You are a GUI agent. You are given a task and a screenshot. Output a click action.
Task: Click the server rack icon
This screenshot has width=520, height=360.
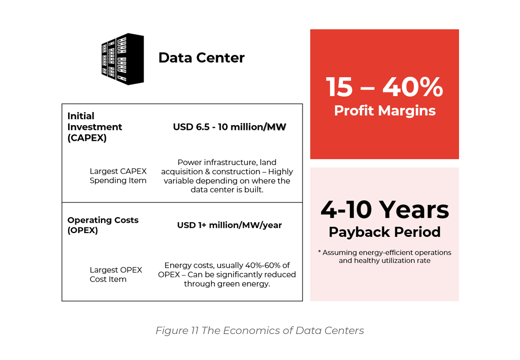pos(123,59)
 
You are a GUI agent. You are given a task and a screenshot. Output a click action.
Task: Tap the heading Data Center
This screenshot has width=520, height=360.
pos(201,58)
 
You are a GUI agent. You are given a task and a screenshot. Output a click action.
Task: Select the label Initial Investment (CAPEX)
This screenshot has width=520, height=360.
pos(94,127)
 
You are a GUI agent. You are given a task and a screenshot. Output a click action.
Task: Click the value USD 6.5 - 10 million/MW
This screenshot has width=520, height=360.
pos(229,127)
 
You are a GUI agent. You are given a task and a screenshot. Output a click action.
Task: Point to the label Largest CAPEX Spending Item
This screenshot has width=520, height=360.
pos(118,176)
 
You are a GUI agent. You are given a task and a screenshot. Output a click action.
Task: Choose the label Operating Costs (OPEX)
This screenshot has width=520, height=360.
pos(103,225)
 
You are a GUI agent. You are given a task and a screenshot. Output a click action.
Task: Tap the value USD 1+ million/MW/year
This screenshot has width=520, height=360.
pos(229,225)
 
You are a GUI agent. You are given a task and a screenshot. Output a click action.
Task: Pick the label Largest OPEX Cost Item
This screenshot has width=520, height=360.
pos(116,274)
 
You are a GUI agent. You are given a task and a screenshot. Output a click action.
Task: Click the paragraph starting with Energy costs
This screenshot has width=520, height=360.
pos(227,274)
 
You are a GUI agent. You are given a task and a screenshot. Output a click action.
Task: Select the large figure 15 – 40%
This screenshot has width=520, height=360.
pos(384,87)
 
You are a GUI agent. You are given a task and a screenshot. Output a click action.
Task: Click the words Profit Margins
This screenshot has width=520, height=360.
pos(384,110)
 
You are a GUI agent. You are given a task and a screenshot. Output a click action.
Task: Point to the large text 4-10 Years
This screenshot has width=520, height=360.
pos(384,210)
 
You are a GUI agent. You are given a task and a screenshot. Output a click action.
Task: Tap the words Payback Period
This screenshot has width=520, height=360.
pos(384,232)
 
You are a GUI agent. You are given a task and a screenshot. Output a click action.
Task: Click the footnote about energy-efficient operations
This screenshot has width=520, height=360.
pos(384,256)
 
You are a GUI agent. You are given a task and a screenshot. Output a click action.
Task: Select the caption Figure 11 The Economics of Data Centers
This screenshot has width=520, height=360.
pos(260,331)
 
